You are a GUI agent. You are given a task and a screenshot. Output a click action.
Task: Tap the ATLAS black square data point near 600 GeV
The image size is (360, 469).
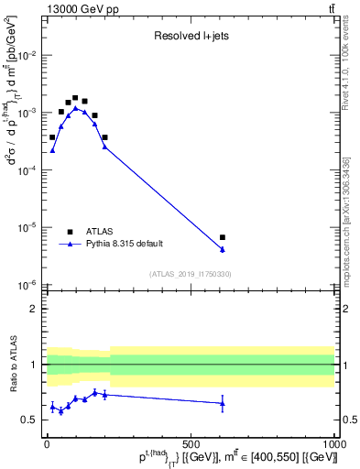coord(223,237)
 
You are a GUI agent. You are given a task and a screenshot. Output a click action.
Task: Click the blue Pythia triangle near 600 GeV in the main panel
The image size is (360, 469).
coord(223,249)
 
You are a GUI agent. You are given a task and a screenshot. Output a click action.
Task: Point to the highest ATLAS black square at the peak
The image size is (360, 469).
coord(74,97)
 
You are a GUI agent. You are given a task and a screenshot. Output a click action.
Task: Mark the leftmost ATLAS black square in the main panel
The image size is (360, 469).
coord(52,136)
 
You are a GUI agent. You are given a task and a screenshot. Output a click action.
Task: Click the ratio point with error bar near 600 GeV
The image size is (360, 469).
coord(223,403)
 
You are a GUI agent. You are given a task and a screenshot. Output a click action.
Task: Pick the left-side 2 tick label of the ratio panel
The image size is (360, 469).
coord(34,309)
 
